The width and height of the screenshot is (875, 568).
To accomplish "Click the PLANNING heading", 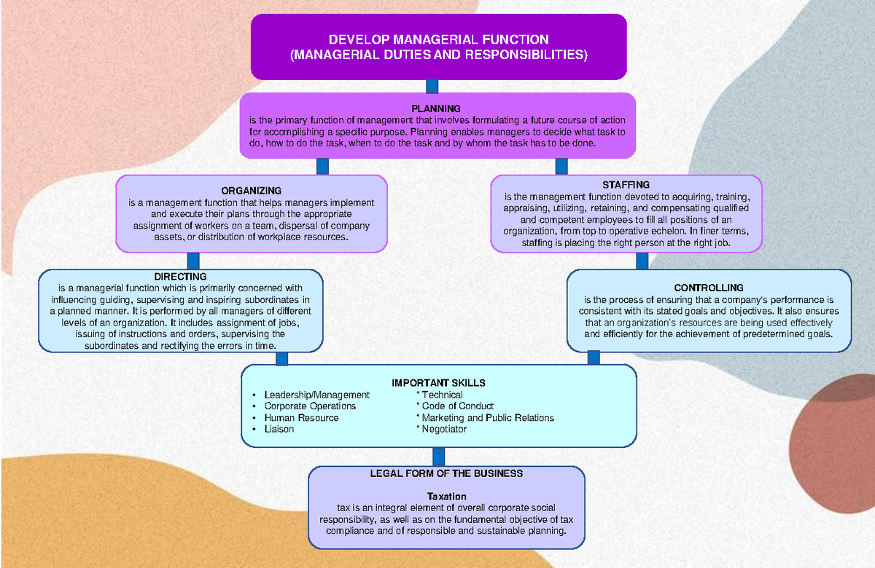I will click(435, 109).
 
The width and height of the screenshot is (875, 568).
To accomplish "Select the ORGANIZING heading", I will click(251, 191).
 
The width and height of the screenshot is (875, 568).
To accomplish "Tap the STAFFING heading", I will click(626, 185).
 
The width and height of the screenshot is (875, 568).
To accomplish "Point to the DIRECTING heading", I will click(180, 277).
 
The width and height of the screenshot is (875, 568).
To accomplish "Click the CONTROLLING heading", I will click(709, 288).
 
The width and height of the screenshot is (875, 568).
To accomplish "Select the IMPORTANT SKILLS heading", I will click(438, 382).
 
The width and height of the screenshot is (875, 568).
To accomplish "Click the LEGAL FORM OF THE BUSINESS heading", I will click(446, 473).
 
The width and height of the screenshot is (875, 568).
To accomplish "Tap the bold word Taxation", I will click(446, 496).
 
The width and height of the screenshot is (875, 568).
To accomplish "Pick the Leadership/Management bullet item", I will click(316, 395).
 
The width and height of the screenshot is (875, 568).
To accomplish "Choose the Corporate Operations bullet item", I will click(310, 406).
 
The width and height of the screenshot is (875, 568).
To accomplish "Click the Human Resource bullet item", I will click(301, 418).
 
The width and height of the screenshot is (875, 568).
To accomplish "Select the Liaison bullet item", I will click(279, 429).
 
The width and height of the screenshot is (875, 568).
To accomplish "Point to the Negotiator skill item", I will click(443, 429).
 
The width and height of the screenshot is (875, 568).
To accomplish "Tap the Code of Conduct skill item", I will click(457, 406).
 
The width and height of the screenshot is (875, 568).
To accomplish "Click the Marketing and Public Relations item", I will click(487, 418).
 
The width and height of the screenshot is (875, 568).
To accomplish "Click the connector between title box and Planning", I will click(432, 86).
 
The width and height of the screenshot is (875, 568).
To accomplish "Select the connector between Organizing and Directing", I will click(193, 261).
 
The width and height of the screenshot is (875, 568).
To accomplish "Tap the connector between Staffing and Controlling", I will click(642, 261).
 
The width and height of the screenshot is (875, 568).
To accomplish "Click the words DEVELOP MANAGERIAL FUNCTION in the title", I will click(438, 39).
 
